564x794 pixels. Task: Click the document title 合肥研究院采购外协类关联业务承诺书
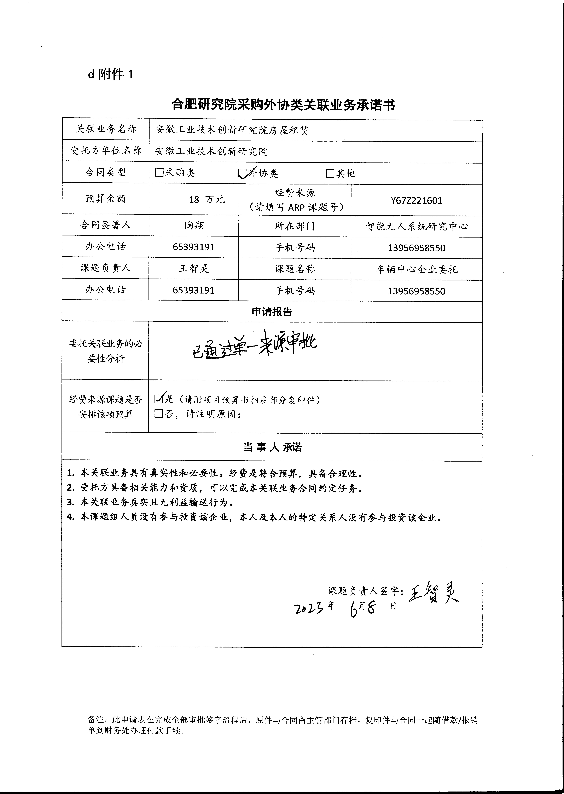pos(283,105)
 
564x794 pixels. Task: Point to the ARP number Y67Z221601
pos(416,200)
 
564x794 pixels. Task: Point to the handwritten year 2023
pos(309,608)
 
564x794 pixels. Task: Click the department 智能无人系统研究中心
pos(416,226)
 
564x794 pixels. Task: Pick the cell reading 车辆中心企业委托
pos(416,269)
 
